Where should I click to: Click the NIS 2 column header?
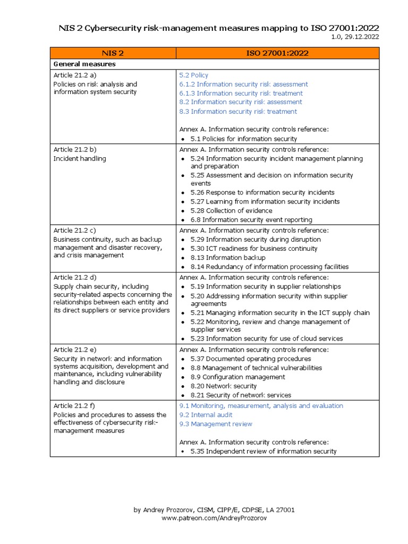(113, 53)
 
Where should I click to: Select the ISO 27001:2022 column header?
(277, 53)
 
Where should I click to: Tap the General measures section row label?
(84, 64)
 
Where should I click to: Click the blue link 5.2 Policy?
(194, 75)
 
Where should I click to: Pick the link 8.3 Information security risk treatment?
(238, 112)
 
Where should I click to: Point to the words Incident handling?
(80, 158)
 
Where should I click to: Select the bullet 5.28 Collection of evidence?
(231, 211)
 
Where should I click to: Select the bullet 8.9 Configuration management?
(237, 377)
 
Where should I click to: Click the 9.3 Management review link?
(216, 424)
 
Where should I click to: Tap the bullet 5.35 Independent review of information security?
(263, 452)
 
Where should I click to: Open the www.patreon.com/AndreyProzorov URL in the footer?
(214, 518)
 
